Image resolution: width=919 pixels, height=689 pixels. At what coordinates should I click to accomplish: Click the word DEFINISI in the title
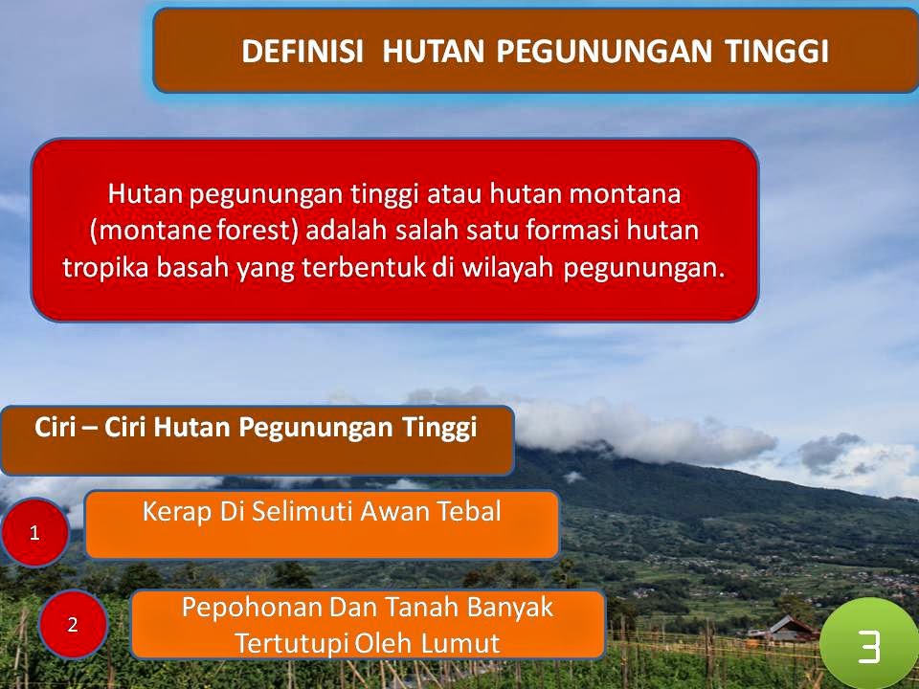click(302, 51)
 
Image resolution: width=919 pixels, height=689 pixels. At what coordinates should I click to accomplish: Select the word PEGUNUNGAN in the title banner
click(604, 51)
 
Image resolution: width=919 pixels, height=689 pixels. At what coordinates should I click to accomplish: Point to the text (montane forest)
click(194, 231)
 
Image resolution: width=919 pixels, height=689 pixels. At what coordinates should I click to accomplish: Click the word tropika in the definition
click(105, 269)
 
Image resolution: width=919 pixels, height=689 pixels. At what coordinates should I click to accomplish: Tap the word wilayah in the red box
click(507, 268)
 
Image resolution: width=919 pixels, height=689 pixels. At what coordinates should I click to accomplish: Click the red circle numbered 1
click(34, 533)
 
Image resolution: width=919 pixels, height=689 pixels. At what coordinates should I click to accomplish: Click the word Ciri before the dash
click(56, 427)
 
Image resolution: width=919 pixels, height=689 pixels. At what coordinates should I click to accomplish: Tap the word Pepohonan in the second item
click(252, 609)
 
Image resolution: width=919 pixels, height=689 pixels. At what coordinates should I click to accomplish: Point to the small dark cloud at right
click(828, 451)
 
